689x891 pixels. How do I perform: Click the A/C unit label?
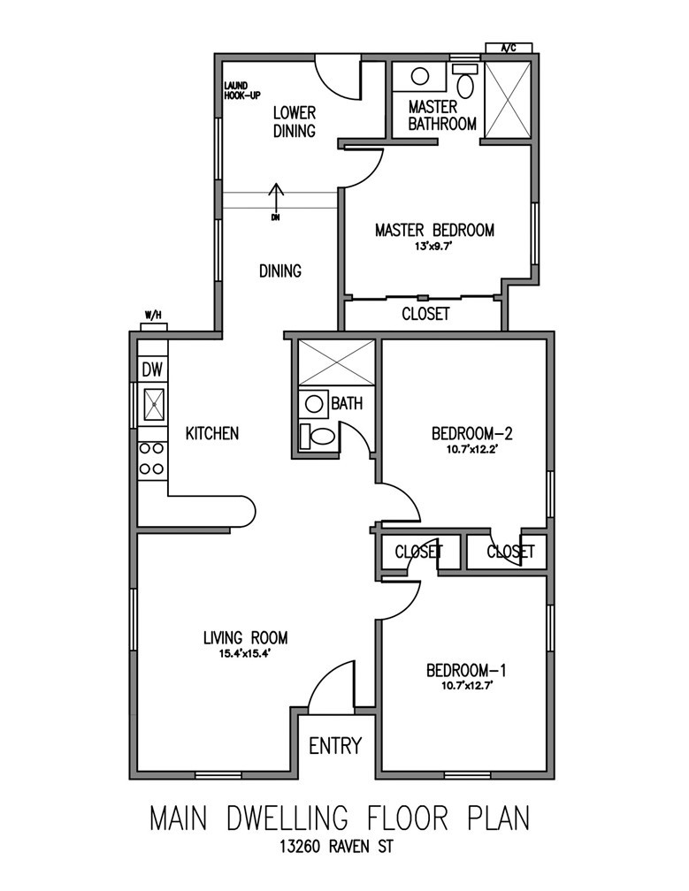click(509, 48)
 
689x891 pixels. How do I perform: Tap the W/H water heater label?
click(153, 316)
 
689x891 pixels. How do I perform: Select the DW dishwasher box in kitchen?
click(152, 370)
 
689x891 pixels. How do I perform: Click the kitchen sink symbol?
click(153, 406)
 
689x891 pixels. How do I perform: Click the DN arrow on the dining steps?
click(276, 199)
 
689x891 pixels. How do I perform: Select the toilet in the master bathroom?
click(465, 83)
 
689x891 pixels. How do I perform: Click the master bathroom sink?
click(421, 76)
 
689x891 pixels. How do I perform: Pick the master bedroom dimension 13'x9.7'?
click(433, 247)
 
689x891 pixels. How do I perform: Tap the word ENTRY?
click(335, 746)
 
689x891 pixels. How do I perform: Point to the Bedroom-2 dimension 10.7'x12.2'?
click(471, 449)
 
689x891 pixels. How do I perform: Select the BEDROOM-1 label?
click(465, 669)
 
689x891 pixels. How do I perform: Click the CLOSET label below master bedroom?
click(425, 314)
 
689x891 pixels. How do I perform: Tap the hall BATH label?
click(347, 404)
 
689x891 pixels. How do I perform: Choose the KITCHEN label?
click(211, 433)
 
